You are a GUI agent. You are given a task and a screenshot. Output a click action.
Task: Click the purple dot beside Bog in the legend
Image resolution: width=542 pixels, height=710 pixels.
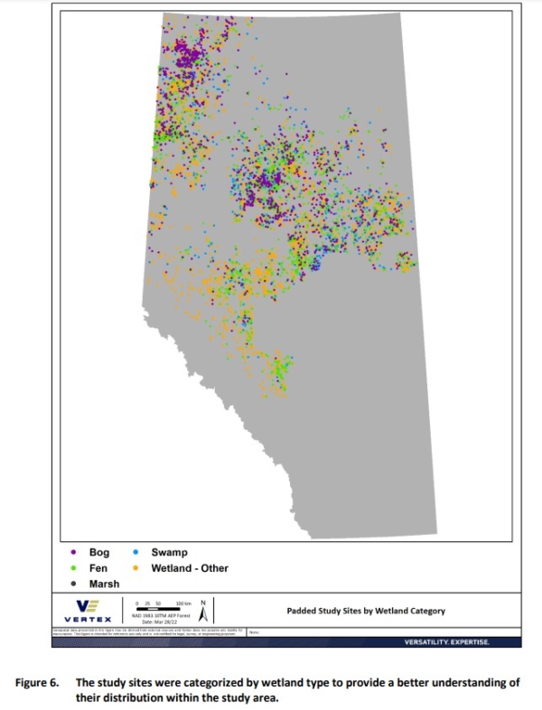(72, 552)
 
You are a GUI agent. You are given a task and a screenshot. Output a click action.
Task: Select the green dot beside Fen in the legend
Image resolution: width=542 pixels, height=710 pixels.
(72, 568)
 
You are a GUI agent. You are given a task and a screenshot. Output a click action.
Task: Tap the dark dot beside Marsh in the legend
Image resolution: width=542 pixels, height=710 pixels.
(72, 584)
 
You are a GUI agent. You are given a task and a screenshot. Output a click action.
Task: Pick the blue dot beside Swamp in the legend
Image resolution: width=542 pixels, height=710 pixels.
(135, 552)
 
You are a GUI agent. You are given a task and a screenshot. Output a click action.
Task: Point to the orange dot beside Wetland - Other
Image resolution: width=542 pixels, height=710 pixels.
(135, 568)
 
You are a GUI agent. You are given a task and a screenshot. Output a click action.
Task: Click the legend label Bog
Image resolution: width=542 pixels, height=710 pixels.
(98, 552)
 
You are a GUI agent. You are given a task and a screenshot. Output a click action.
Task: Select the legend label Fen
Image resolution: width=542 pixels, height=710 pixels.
(98, 568)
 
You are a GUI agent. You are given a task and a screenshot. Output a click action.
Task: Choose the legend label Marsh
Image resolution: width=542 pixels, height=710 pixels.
(104, 584)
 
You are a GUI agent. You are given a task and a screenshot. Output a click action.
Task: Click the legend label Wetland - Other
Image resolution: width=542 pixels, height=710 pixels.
(190, 568)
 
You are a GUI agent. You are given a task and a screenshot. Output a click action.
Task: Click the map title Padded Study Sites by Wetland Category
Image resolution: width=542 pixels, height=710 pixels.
(365, 612)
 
